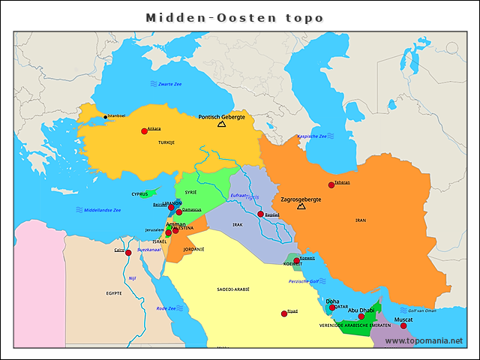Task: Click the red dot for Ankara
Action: [144, 131]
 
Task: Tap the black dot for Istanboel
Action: [105, 117]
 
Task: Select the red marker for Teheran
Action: [331, 185]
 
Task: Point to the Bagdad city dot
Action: [260, 214]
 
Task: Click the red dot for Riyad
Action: [284, 313]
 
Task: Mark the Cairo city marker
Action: [128, 253]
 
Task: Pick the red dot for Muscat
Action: [403, 325]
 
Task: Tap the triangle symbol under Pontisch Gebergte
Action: [221, 124]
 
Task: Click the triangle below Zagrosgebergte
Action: [301, 206]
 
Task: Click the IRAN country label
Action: [361, 220]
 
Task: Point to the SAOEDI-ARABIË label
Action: [232, 289]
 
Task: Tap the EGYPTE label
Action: [114, 292]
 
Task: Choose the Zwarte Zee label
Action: [170, 84]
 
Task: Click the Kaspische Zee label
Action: [312, 136]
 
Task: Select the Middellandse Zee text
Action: [102, 210]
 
